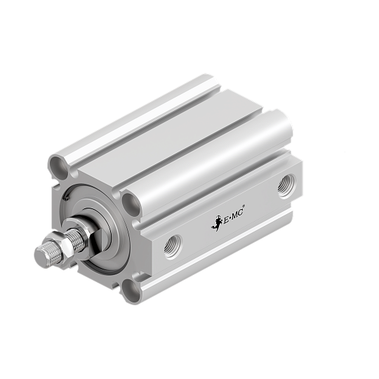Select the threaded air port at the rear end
coord(285,185)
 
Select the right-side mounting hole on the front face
coord(131,203)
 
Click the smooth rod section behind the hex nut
coord(91,235)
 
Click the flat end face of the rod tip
coord(41,258)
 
